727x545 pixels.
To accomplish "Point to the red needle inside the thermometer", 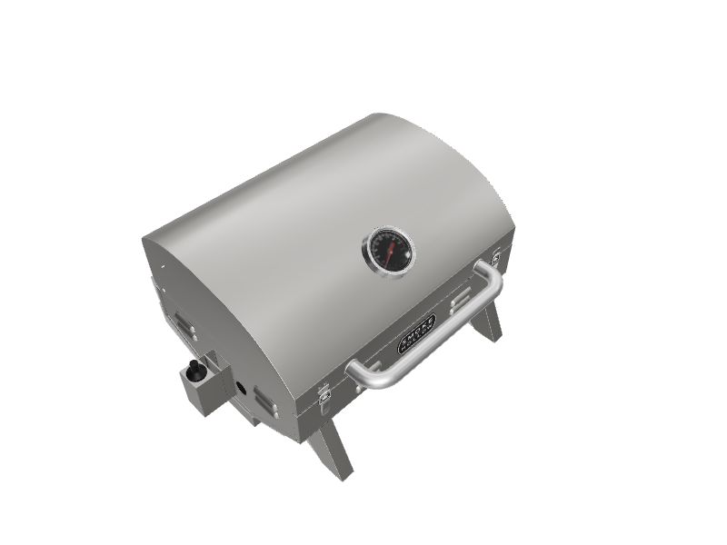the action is pos(387,251).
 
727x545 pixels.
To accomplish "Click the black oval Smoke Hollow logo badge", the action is pos(417,332).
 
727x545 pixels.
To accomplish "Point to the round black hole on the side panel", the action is pos(241,388).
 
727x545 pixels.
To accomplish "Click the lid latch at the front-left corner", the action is pos(324,392).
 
